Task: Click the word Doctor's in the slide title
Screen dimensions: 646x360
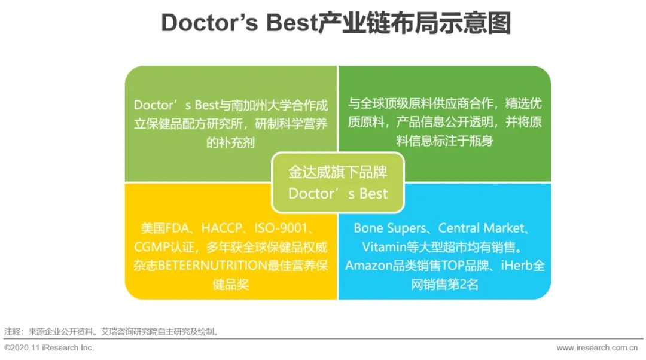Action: coord(209,23)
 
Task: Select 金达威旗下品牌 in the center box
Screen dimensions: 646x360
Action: coord(338,172)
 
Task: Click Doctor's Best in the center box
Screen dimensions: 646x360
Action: coord(338,194)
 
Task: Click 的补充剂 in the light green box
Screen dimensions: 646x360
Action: coord(231,142)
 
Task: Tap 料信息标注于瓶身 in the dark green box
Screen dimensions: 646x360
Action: coord(444,141)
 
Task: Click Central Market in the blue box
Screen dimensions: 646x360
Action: coord(481,228)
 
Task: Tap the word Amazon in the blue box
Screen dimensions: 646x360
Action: coord(368,266)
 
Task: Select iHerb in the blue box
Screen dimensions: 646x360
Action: coord(517,266)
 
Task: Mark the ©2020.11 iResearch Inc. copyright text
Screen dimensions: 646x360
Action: coord(49,348)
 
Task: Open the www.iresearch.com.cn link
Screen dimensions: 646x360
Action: coord(597,348)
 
